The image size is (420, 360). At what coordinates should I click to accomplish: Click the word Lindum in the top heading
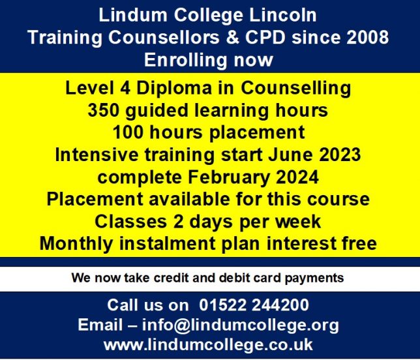coord(133,15)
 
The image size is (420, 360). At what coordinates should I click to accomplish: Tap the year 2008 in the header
coord(368,37)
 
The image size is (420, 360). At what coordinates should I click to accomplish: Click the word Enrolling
coord(186,60)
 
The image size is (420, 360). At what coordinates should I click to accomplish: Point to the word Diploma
coord(174,88)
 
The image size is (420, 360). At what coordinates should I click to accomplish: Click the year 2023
coord(340,155)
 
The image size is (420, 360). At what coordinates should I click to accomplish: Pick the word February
coord(228,177)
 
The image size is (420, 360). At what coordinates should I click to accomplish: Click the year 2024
coord(297,177)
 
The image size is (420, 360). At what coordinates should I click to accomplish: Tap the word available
coord(189,199)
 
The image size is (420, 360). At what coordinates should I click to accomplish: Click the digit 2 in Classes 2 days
coord(178,222)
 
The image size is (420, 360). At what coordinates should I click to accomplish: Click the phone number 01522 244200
coord(254,305)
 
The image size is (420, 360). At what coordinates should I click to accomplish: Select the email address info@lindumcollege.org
coord(240,325)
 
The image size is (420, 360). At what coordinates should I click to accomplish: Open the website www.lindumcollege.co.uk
coord(208,345)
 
